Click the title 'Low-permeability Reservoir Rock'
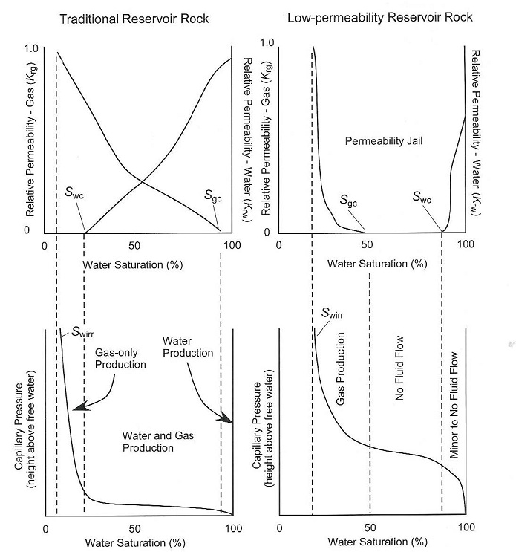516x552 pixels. click(373, 16)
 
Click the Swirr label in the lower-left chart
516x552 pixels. click(73, 333)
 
